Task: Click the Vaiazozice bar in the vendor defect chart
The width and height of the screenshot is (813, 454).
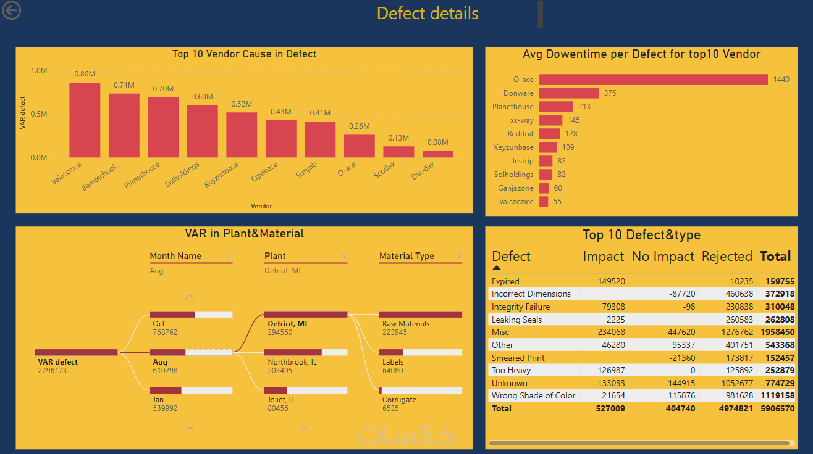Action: pyautogui.click(x=85, y=120)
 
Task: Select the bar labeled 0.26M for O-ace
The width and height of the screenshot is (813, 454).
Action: pyautogui.click(x=360, y=146)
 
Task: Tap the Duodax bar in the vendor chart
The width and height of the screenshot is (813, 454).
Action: pyautogui.click(x=438, y=154)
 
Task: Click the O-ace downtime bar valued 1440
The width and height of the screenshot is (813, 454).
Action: pyautogui.click(x=653, y=80)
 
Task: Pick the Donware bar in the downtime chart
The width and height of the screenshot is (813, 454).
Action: pyautogui.click(x=568, y=93)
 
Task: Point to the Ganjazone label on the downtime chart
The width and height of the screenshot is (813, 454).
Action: pyautogui.click(x=515, y=188)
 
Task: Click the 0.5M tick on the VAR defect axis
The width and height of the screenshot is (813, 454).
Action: pyautogui.click(x=39, y=114)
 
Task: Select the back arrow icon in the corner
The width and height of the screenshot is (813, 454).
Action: pyautogui.click(x=11, y=10)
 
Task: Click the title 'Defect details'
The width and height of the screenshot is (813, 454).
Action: pyautogui.click(x=428, y=14)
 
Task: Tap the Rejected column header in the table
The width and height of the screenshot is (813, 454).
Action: pyautogui.click(x=727, y=257)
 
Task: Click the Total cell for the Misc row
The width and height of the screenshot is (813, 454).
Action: pyautogui.click(x=777, y=332)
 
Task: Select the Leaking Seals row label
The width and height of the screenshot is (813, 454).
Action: pyautogui.click(x=516, y=320)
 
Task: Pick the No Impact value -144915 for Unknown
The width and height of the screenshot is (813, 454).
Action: pyautogui.click(x=675, y=383)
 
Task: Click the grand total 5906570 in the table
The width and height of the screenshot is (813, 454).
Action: pyautogui.click(x=777, y=408)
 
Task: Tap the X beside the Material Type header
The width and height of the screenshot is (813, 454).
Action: pyautogui.click(x=459, y=257)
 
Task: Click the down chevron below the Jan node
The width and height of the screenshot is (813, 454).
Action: pyautogui.click(x=190, y=427)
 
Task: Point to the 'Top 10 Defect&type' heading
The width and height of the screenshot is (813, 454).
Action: pyautogui.click(x=641, y=235)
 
